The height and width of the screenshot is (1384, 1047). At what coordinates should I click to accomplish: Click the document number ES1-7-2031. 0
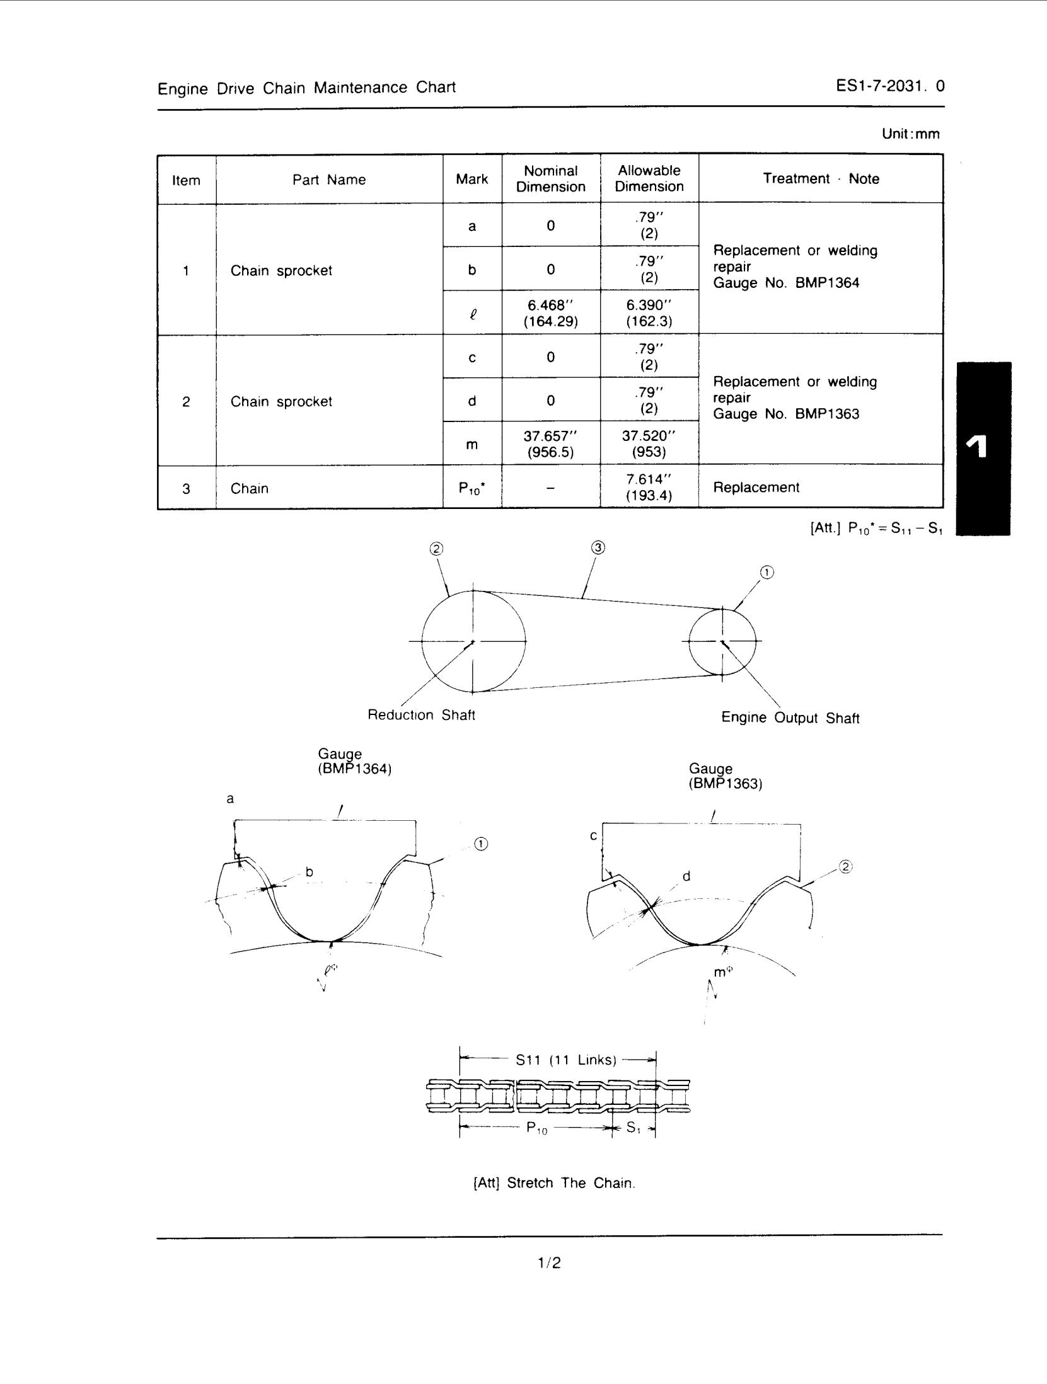[x=889, y=86]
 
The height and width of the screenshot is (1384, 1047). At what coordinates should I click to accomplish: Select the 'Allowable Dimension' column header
[x=649, y=178]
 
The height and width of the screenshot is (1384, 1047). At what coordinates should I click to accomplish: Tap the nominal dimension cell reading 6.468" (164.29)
[x=550, y=313]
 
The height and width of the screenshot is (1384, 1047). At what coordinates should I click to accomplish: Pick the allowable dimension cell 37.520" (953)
[x=649, y=443]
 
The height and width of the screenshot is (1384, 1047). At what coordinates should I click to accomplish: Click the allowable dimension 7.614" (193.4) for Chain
[x=649, y=487]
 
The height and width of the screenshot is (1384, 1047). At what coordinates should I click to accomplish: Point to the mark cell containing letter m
[x=471, y=445]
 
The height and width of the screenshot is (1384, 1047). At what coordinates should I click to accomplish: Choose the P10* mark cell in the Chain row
[x=471, y=488]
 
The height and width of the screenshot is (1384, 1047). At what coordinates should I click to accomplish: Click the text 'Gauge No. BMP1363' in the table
[x=786, y=414]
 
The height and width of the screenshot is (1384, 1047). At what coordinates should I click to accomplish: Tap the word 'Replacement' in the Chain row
[x=756, y=487]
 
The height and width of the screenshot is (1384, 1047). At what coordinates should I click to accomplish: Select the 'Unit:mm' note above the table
[x=910, y=134]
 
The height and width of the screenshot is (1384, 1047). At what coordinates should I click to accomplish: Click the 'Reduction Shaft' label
[x=421, y=715]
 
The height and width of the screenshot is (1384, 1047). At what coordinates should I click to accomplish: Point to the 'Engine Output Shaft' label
[x=790, y=718]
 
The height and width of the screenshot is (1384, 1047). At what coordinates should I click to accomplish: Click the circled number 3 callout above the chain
[x=598, y=548]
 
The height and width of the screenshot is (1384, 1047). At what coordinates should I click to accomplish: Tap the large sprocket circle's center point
[x=473, y=641]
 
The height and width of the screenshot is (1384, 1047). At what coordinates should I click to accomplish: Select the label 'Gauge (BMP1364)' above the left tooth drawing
[x=354, y=761]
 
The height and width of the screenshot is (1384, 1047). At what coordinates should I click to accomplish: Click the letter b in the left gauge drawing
[x=309, y=872]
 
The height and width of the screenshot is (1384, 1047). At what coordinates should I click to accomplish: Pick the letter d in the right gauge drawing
[x=686, y=876]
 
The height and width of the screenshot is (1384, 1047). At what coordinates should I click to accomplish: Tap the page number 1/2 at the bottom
[x=549, y=1263]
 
